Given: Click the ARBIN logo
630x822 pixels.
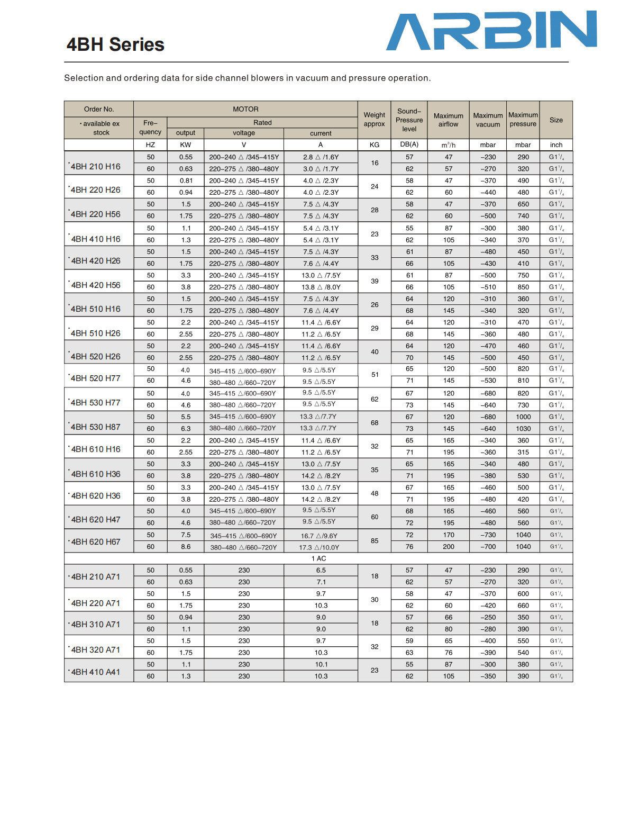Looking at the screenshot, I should [x=491, y=31].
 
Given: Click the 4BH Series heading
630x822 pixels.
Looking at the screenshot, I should [x=115, y=44].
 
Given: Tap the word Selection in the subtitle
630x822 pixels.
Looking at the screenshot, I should [x=84, y=78].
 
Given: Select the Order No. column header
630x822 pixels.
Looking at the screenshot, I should [x=99, y=109].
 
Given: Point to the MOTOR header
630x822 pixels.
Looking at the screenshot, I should [x=245, y=109].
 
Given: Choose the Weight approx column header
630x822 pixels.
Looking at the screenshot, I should [x=375, y=120].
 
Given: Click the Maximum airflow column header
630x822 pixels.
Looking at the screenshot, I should [x=449, y=120].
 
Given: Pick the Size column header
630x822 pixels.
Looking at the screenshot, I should [x=556, y=120].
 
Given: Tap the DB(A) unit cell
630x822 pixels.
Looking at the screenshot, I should [x=409, y=144].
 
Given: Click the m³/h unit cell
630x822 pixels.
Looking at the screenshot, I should [x=449, y=145].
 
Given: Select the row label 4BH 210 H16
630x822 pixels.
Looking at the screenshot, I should [x=96, y=167].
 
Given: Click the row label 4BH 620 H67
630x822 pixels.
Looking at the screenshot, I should [x=96, y=542].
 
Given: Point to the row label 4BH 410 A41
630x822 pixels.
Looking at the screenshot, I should [x=96, y=672].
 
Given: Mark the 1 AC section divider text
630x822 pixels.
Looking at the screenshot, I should [x=319, y=558].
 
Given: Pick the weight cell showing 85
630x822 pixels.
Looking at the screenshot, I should [x=375, y=541].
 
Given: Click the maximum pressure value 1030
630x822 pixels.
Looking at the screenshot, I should [x=523, y=429].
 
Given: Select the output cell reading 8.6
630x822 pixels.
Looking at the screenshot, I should [x=186, y=547].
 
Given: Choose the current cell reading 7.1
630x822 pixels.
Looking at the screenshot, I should [x=321, y=582].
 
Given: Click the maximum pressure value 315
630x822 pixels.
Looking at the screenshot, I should [x=523, y=453].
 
